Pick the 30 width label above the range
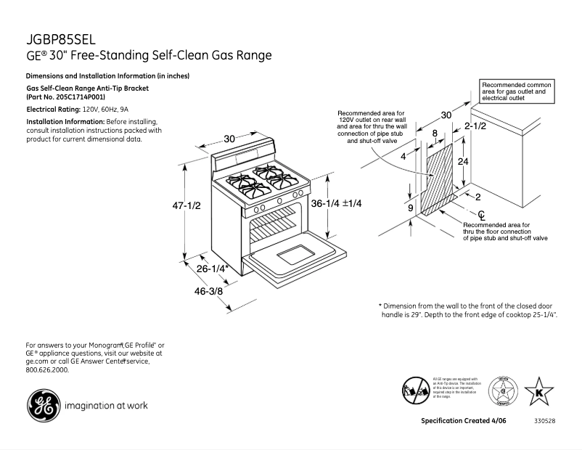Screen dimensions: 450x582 (x=229, y=139)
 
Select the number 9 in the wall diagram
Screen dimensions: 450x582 (x=411, y=208)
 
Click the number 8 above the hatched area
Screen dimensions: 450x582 (x=435, y=134)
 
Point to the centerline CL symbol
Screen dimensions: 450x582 (x=481, y=215)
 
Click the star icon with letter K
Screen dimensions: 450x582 (x=538, y=391)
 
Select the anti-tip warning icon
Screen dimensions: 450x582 (x=415, y=390)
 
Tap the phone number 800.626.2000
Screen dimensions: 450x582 (x=47, y=369)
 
